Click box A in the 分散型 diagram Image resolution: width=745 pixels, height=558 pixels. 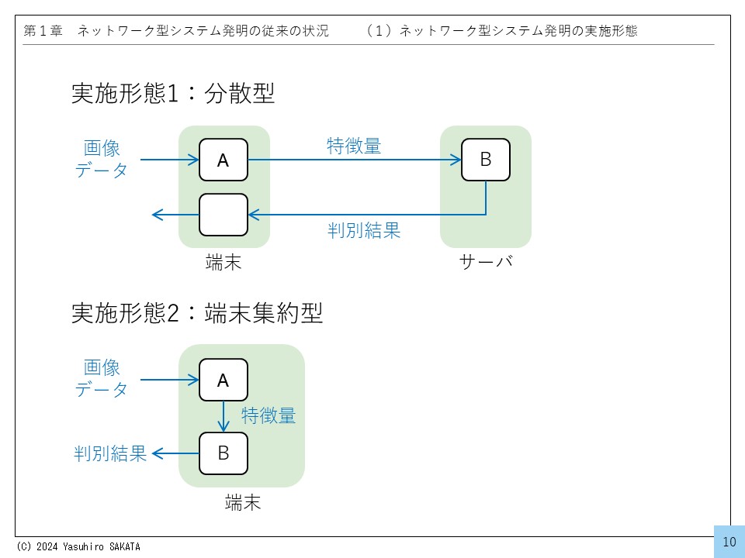pos(223,160)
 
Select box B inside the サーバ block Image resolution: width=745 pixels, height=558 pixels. pos(486,160)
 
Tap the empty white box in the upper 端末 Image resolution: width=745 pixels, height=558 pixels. pos(223,215)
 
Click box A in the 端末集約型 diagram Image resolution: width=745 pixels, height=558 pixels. pos(223,380)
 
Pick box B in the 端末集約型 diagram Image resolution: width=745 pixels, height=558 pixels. pos(223,453)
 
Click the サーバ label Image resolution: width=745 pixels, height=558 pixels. pos(486,263)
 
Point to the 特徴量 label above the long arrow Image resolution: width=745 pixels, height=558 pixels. pos(354,146)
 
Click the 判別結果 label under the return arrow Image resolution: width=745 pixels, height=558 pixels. pos(364,230)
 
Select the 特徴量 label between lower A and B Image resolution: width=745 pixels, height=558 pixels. pos(269,416)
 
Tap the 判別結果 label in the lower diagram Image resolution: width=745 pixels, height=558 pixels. pos(111,453)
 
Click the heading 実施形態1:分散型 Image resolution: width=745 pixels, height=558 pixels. pos(173,95)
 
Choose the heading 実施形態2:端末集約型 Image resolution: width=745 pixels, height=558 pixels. pos(197,313)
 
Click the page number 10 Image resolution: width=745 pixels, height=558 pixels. pos(729,542)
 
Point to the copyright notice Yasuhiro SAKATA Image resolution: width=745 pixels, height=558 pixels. pos(78,546)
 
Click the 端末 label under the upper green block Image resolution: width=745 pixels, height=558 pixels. pos(223,263)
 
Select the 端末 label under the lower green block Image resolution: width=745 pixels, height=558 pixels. pos(242,503)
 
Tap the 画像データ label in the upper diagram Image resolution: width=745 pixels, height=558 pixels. pos(102,160)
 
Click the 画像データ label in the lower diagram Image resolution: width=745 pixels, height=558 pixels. pos(102,378)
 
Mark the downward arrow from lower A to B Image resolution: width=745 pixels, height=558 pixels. pos(223,416)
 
